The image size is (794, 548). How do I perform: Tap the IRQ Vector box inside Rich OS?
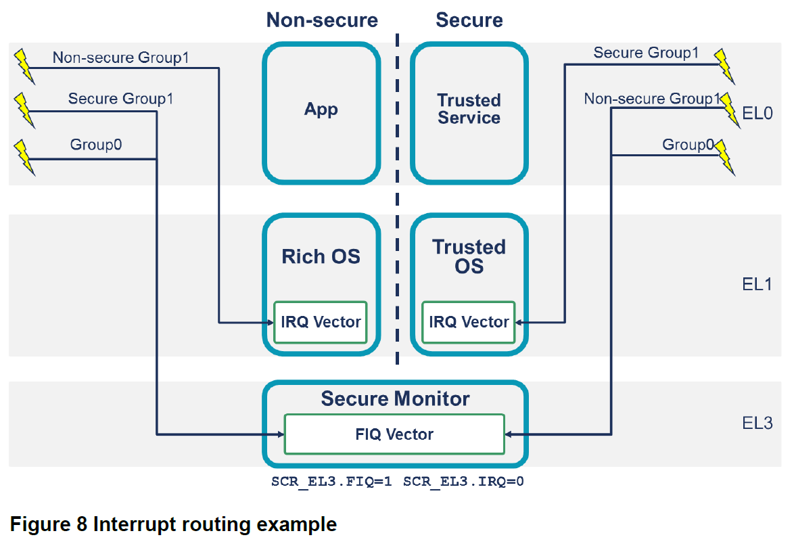321,322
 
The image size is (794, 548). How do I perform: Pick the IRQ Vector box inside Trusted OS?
469,322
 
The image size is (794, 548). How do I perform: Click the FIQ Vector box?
394,434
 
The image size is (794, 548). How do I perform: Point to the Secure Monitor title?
395,398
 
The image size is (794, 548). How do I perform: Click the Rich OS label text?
321,257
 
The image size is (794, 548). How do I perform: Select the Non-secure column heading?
322,20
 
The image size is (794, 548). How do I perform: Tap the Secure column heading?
469,20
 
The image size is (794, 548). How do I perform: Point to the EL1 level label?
757,284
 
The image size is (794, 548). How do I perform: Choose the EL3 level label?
757,424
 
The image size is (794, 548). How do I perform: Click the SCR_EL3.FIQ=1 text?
332,482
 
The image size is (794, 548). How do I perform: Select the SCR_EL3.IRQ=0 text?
464,482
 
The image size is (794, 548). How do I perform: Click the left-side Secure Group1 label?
120,99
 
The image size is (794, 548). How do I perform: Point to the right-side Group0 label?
687,145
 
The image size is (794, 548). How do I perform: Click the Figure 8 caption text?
172,524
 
